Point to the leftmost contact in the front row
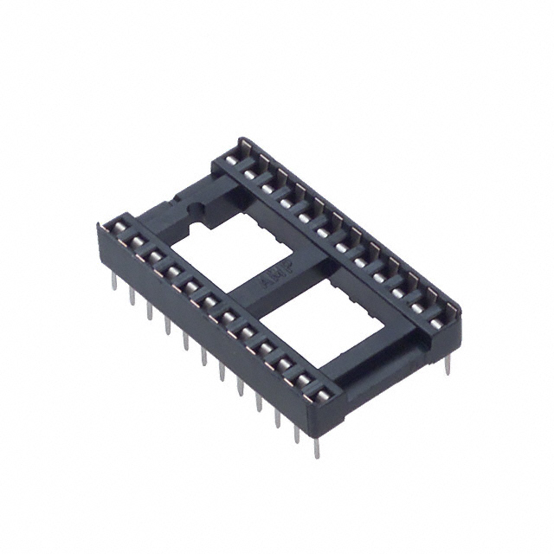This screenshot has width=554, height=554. point(115,228)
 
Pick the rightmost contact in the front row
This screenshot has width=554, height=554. point(322,396)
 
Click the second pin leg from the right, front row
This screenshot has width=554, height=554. point(299,430)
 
